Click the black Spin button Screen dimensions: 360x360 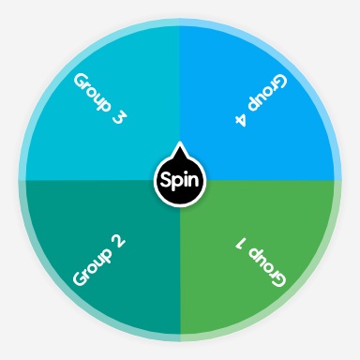click(179, 178)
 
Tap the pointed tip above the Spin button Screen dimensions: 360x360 click(179, 149)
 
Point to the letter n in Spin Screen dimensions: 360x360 click(193, 179)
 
